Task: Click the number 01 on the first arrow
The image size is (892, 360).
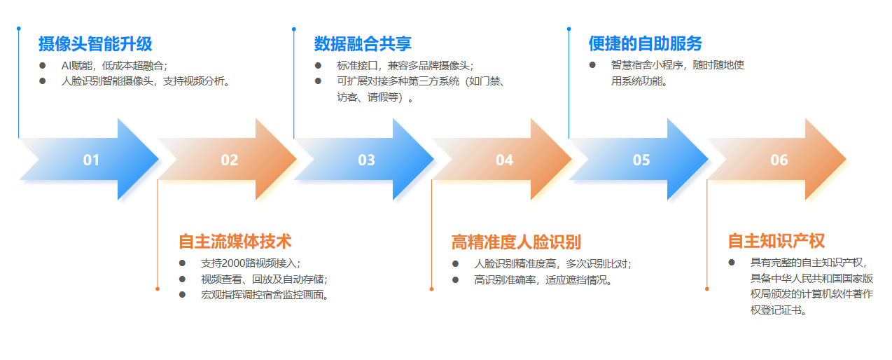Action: pyautogui.click(x=91, y=160)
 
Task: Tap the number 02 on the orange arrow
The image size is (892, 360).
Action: pyautogui.click(x=230, y=160)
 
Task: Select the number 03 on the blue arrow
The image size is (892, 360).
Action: pyautogui.click(x=366, y=160)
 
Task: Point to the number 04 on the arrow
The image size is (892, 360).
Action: pyautogui.click(x=505, y=160)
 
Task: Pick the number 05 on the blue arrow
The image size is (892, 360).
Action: pyautogui.click(x=641, y=160)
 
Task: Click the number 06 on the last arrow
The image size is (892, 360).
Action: pyautogui.click(x=779, y=160)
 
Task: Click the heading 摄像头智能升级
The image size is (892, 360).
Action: pyautogui.click(x=95, y=44)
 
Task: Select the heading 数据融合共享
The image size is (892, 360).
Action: pyautogui.click(x=363, y=44)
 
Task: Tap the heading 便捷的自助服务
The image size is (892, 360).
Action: pyautogui.click(x=645, y=43)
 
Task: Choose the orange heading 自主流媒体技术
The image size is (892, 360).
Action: pyautogui.click(x=235, y=242)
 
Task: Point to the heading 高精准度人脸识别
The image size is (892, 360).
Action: pyautogui.click(x=516, y=242)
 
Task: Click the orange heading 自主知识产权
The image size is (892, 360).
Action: pyautogui.click(x=776, y=241)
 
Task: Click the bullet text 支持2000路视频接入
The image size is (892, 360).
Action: pyautogui.click(x=251, y=263)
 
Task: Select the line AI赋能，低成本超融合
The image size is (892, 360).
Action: pyautogui.click(x=114, y=66)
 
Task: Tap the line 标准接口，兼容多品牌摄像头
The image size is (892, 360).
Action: pyautogui.click(x=405, y=66)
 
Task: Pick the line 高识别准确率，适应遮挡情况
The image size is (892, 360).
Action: pyautogui.click(x=543, y=280)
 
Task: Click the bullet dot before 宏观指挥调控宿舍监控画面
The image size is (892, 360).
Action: pyautogui.click(x=182, y=295)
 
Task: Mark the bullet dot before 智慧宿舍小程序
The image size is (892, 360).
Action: pyautogui.click(x=592, y=65)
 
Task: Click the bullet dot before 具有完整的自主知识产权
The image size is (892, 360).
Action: pyautogui.click(x=732, y=263)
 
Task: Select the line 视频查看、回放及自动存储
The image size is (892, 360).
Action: pyautogui.click(x=264, y=279)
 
